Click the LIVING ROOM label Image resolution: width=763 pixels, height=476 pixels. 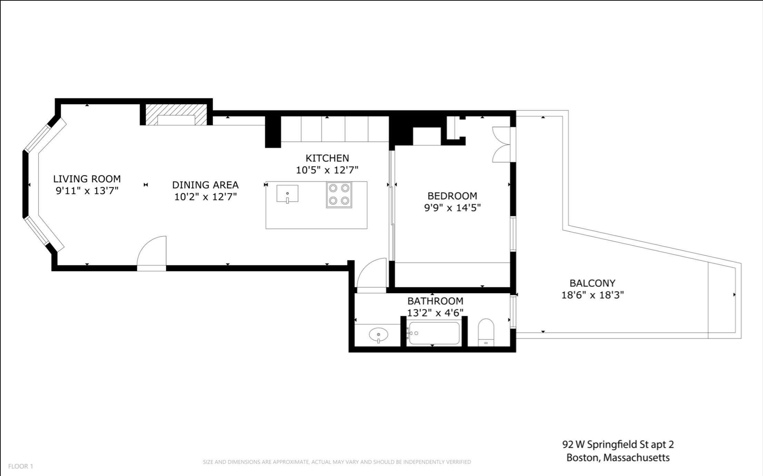(x=87, y=179)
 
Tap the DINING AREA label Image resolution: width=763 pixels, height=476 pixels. (x=205, y=185)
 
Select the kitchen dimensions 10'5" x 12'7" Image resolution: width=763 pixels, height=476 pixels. (x=327, y=170)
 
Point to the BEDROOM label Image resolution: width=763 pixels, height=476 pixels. (x=452, y=196)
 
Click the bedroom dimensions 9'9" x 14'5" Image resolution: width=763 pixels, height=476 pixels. (x=452, y=208)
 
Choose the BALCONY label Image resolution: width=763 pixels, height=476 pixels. (x=592, y=283)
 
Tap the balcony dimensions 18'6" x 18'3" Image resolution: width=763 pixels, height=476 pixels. (x=593, y=295)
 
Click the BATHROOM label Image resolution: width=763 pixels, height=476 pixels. (x=435, y=301)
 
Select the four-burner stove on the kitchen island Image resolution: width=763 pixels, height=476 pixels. (x=339, y=195)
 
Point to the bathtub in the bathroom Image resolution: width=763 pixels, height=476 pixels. (x=433, y=333)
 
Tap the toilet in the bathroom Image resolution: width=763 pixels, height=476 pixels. (x=486, y=332)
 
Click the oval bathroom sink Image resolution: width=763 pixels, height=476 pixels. (x=378, y=335)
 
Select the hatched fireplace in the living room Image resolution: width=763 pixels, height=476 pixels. (x=176, y=115)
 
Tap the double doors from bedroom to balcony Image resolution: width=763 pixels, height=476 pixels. (x=502, y=145)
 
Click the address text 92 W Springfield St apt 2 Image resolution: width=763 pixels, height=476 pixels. (x=618, y=444)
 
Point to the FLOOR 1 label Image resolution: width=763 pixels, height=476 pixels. (x=21, y=466)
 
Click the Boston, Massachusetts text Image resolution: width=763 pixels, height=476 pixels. (x=618, y=458)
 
